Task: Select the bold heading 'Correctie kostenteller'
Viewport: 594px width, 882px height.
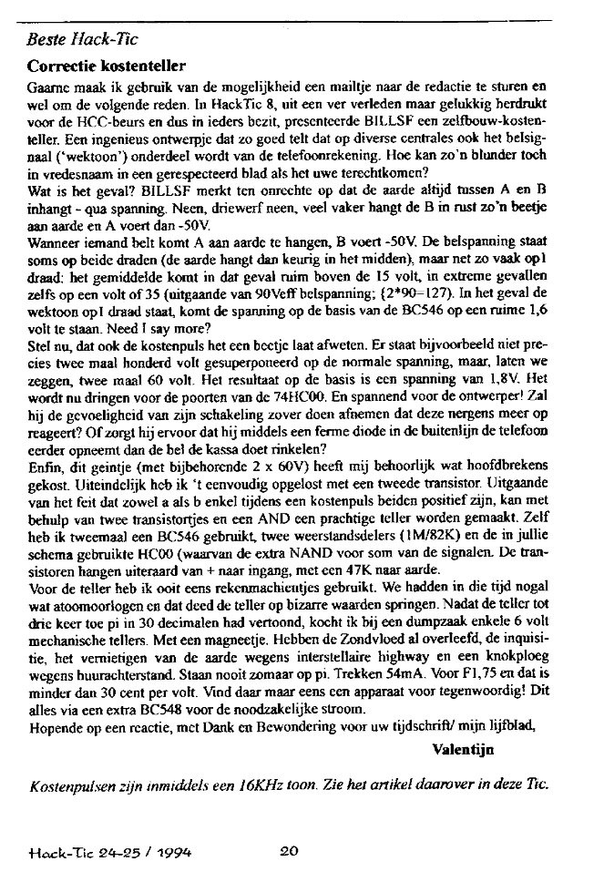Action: pyautogui.click(x=108, y=67)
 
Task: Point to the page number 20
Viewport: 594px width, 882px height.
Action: pyautogui.click(x=289, y=853)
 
